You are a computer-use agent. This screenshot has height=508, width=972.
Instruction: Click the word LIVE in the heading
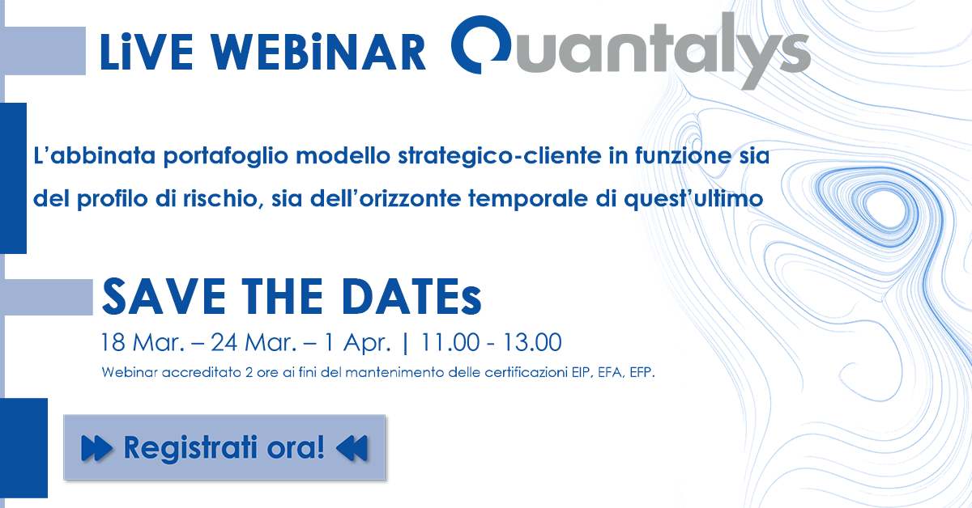[x=147, y=52]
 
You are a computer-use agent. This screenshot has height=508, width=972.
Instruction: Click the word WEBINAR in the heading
[x=319, y=52]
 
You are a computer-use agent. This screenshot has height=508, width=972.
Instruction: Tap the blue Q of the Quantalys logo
[x=482, y=44]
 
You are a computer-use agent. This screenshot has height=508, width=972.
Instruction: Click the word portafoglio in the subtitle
[x=226, y=156]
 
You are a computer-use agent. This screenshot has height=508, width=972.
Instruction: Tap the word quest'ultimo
[x=693, y=200]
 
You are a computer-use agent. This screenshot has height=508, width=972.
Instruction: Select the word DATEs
[x=411, y=297]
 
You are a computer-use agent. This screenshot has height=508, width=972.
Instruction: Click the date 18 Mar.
[x=143, y=342]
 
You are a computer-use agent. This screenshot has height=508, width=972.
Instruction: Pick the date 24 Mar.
[x=254, y=342]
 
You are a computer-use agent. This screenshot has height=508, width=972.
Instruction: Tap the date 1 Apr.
[x=356, y=343]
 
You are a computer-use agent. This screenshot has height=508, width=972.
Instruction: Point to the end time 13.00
[x=532, y=342]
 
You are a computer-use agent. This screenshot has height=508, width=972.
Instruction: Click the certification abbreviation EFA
[x=611, y=373]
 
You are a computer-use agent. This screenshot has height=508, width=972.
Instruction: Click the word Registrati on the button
[x=190, y=448]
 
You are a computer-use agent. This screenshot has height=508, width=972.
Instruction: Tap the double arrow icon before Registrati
[x=96, y=448]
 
